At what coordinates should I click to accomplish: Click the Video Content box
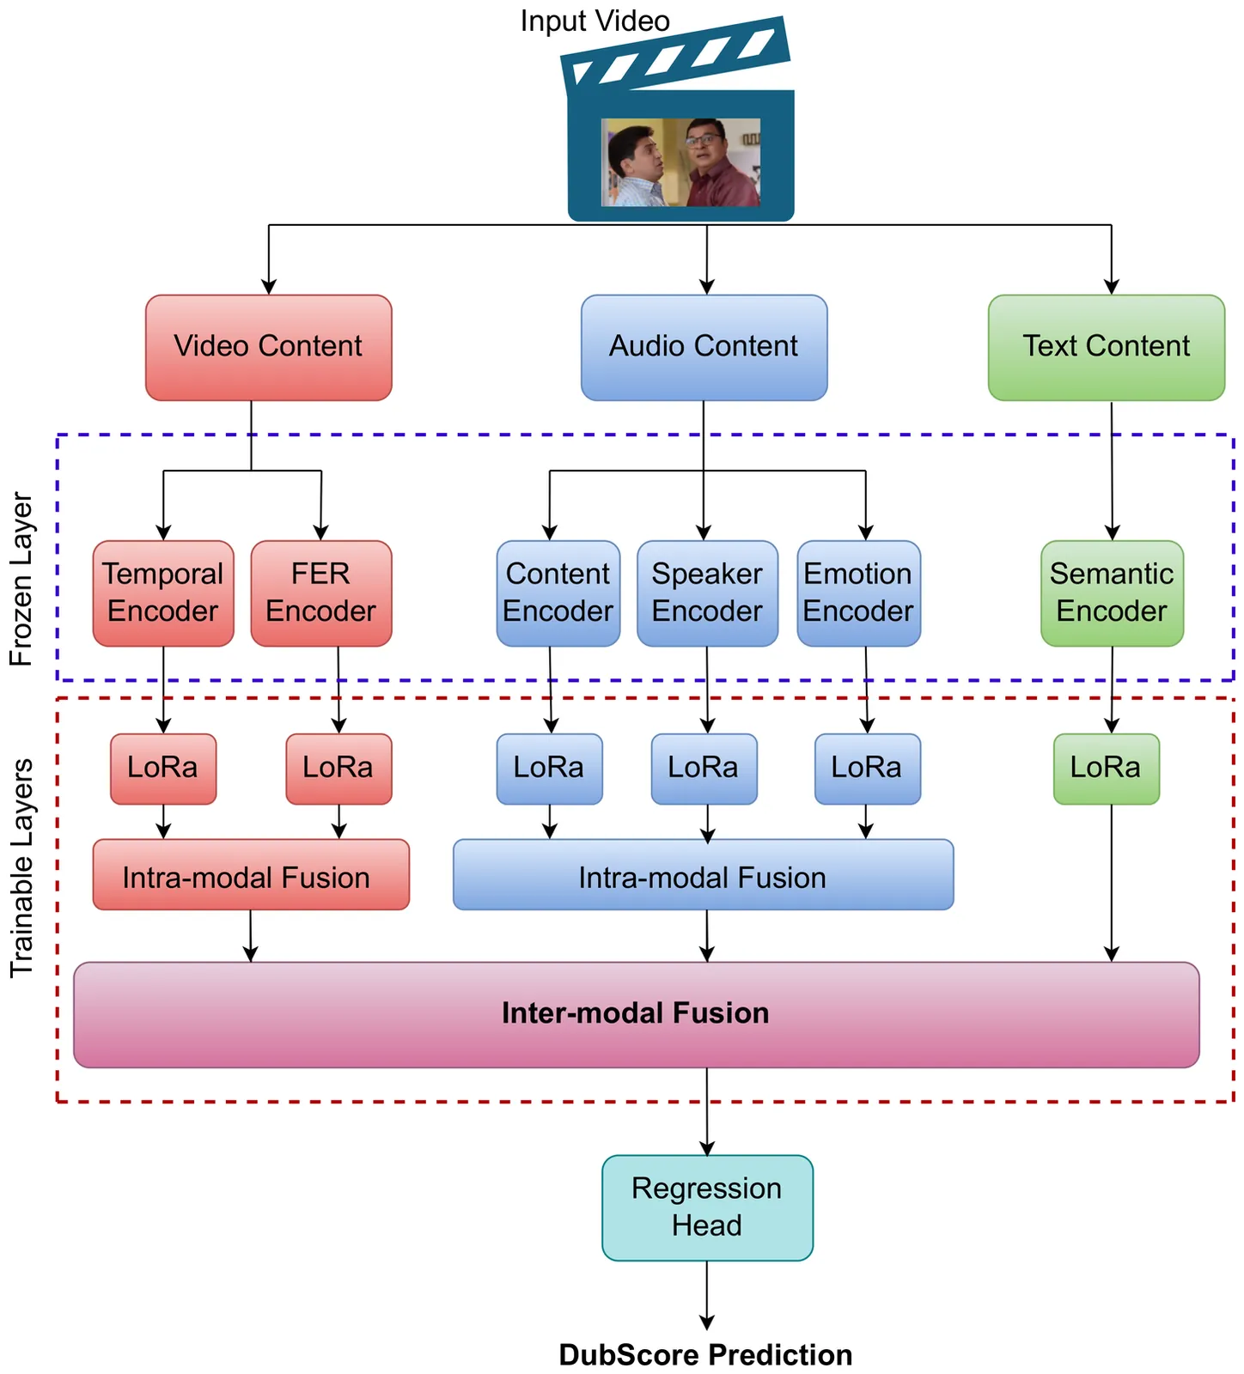(268, 347)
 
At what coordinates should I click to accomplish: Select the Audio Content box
(704, 347)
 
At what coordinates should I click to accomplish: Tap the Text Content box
(1106, 347)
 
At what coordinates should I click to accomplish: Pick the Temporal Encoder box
(163, 593)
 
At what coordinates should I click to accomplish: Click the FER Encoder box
(320, 593)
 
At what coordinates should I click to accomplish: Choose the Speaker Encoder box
(707, 593)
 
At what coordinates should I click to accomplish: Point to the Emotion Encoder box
(858, 593)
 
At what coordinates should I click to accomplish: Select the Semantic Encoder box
(1112, 593)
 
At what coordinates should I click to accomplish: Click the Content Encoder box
(558, 593)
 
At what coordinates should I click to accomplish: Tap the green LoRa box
(1106, 769)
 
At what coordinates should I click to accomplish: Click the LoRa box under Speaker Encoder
(704, 769)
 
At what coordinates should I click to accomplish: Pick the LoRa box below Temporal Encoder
(163, 769)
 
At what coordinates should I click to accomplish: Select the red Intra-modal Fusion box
(250, 874)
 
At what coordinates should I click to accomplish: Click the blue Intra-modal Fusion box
(703, 874)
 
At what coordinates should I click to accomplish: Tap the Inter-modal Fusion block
(636, 1014)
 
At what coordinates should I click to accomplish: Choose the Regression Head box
(707, 1207)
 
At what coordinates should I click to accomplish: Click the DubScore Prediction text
(705, 1355)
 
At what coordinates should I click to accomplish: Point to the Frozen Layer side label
(21, 580)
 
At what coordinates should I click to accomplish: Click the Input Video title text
(595, 21)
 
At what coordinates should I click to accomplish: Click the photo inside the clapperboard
(680, 162)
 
